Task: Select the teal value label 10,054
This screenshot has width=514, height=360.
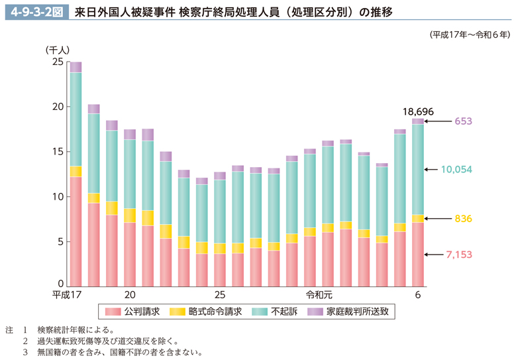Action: click(x=456, y=170)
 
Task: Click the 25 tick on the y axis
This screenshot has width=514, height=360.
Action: click(x=57, y=62)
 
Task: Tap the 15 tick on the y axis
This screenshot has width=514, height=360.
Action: click(x=57, y=152)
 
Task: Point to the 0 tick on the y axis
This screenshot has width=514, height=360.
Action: click(x=60, y=286)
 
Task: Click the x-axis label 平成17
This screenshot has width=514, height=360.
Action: click(x=68, y=295)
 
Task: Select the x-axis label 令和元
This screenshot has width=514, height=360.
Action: click(x=318, y=295)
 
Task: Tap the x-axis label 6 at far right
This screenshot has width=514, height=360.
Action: click(x=417, y=295)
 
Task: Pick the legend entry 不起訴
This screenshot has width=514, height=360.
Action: click(x=278, y=310)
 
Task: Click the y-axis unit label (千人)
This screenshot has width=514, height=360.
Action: click(x=58, y=50)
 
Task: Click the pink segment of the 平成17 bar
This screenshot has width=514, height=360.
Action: click(x=76, y=231)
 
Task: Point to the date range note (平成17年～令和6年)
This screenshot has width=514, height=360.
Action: click(x=470, y=34)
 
